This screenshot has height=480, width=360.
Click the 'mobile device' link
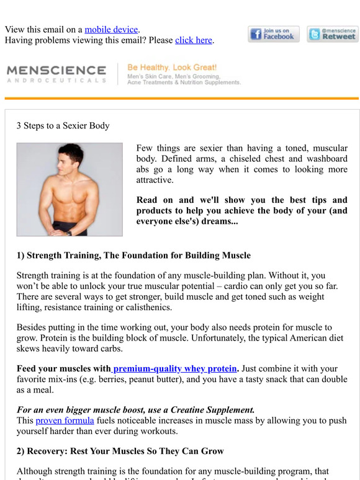click(x=112, y=29)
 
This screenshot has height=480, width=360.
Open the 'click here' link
click(x=194, y=40)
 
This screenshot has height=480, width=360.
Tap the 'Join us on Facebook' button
click(x=274, y=34)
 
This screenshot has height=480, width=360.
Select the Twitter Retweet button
click(x=333, y=34)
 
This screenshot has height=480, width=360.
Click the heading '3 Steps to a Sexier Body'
click(x=63, y=125)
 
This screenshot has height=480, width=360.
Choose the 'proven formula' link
click(x=65, y=420)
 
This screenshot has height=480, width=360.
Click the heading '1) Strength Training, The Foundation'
click(x=133, y=255)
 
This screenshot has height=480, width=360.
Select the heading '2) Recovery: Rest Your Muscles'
click(x=120, y=451)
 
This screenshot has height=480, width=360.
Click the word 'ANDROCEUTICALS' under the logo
click(x=56, y=81)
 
